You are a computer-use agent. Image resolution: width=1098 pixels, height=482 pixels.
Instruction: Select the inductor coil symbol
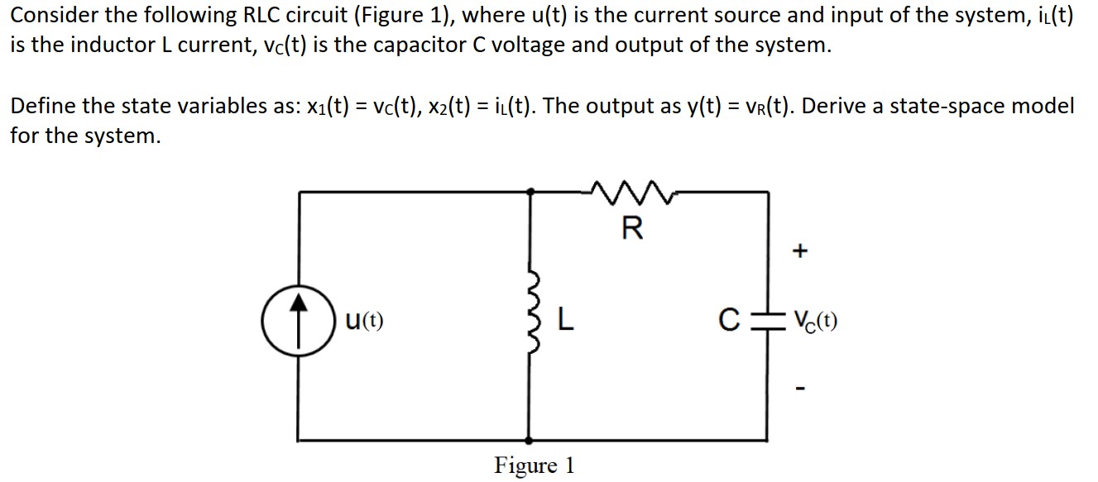coord(533,319)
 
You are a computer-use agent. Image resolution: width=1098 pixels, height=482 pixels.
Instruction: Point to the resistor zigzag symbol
coord(631,193)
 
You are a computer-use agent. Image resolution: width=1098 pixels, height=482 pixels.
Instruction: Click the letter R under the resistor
coord(631,229)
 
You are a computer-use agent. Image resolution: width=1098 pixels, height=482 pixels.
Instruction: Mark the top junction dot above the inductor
coord(530,191)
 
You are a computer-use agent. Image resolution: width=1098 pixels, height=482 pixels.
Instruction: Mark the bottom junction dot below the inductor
coord(530,440)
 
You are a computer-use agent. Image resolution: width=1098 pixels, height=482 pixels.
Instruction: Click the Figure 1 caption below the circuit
coord(534,465)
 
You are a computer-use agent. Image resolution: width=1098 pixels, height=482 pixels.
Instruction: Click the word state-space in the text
coord(962,107)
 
